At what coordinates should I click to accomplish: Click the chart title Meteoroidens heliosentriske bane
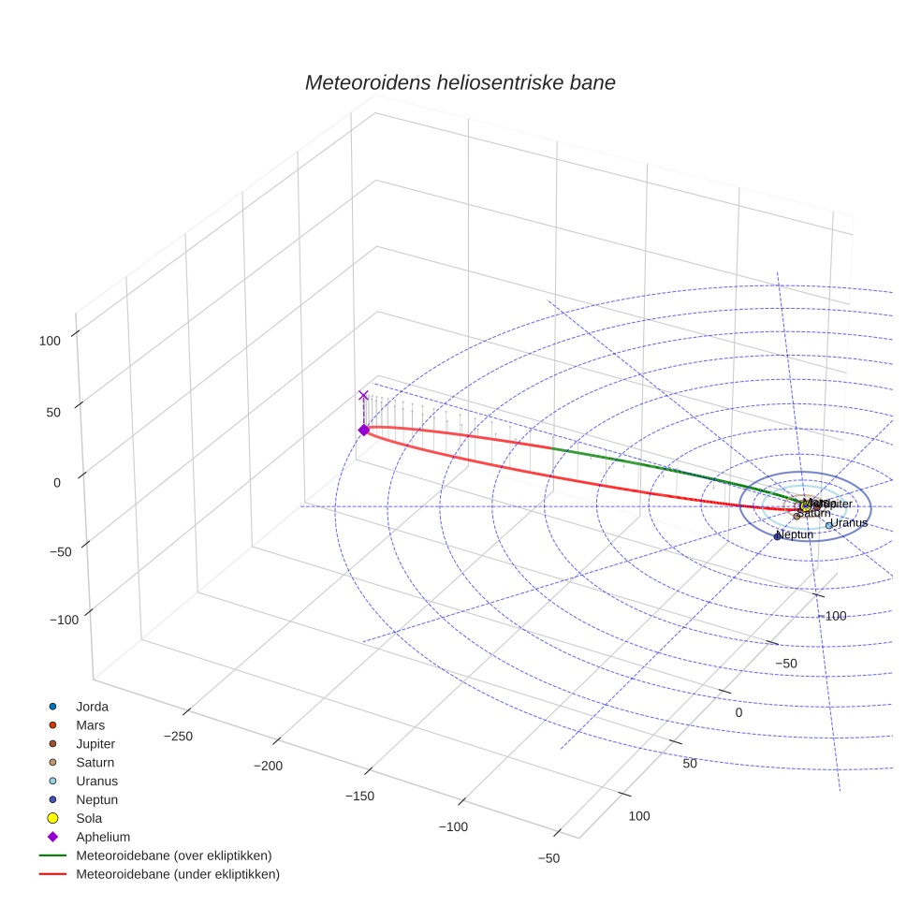click(460, 82)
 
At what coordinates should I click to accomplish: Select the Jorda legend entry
click(91, 707)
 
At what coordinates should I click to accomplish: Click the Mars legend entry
click(90, 725)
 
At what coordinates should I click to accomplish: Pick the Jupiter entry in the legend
click(95, 744)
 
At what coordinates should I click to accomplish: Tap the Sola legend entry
click(90, 818)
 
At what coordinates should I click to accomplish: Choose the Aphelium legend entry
click(102, 837)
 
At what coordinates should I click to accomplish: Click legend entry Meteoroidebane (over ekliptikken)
click(173, 855)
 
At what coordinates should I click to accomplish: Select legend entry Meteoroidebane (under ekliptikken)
click(177, 874)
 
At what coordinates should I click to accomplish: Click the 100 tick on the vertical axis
click(50, 342)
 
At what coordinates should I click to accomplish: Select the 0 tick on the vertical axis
click(56, 482)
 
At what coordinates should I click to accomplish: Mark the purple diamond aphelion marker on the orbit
click(363, 430)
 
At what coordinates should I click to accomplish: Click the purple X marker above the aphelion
click(363, 396)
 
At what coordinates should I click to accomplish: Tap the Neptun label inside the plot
click(796, 534)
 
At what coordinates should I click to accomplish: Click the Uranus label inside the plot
click(849, 522)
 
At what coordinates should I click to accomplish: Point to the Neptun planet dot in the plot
click(777, 536)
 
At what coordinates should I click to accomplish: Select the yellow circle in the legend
click(52, 818)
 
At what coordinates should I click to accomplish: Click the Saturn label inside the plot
click(813, 513)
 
